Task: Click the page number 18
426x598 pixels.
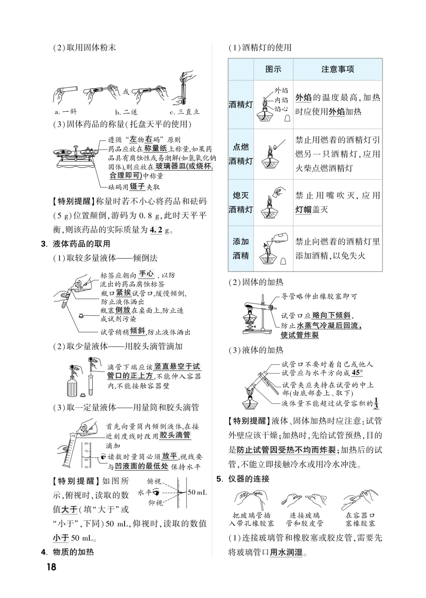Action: (51, 567)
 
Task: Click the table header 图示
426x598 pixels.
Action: (273, 69)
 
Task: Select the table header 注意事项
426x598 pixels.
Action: (338, 69)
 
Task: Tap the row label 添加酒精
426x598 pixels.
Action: (241, 249)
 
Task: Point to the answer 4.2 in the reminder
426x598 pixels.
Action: (156, 230)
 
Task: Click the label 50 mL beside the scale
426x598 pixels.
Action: (197, 492)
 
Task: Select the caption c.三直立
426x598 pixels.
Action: (185, 112)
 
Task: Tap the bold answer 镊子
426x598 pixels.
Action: (138, 187)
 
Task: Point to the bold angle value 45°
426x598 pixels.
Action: (357, 373)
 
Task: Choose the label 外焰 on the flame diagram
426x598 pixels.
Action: (281, 90)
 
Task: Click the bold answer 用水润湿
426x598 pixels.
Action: (286, 552)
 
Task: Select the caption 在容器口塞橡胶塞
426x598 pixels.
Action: (360, 519)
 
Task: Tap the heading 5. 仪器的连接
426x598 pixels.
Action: (243, 479)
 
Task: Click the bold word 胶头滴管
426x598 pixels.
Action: (175, 435)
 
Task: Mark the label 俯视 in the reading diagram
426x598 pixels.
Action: (154, 481)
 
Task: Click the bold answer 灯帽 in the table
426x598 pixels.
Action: (303, 209)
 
